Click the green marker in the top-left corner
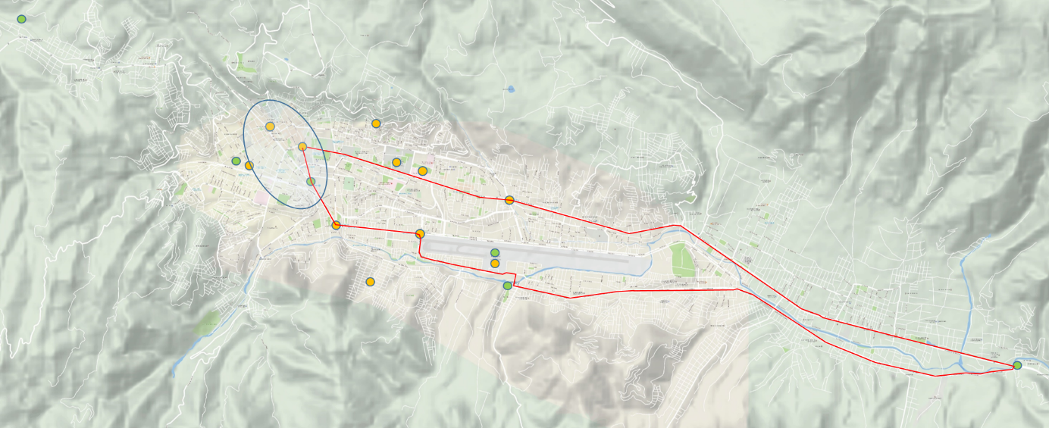pyautogui.click(x=21, y=19)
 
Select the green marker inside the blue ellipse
pyautogui.click(x=311, y=181)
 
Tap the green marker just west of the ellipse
pyautogui.click(x=236, y=161)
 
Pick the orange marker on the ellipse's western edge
pyautogui.click(x=249, y=165)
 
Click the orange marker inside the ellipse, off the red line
pyautogui.click(x=270, y=127)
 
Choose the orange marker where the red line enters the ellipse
pyautogui.click(x=302, y=146)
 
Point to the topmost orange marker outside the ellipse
pyautogui.click(x=376, y=123)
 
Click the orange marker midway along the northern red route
pyautogui.click(x=509, y=200)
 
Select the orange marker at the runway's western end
pyautogui.click(x=420, y=233)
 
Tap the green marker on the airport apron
pyautogui.click(x=495, y=252)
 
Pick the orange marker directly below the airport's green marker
pyautogui.click(x=495, y=264)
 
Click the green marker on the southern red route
pyautogui.click(x=507, y=286)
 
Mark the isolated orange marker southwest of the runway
pyautogui.click(x=370, y=282)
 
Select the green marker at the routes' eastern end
pyautogui.click(x=1017, y=365)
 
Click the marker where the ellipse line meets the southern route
pyautogui.click(x=336, y=224)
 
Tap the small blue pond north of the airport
pyautogui.click(x=510, y=89)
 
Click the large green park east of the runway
pyautogui.click(x=682, y=260)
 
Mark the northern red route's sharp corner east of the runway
pyautogui.click(x=680, y=225)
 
